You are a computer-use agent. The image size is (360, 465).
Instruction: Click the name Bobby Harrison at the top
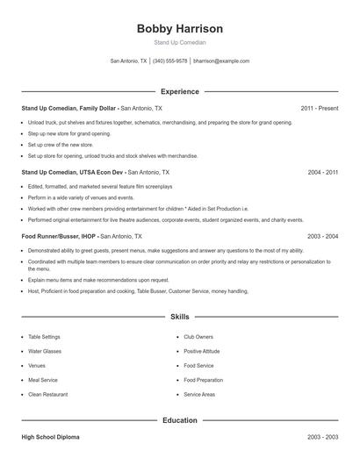click(x=179, y=29)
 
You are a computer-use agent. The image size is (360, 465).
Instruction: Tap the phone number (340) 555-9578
click(x=169, y=61)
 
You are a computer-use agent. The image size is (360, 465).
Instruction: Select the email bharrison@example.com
click(x=221, y=61)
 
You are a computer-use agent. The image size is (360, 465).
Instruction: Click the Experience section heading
click(x=179, y=91)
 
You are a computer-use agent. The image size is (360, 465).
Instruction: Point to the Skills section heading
click(x=179, y=316)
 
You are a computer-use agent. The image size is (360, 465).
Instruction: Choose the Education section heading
click(x=179, y=420)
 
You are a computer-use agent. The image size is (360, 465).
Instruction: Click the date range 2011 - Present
click(x=319, y=108)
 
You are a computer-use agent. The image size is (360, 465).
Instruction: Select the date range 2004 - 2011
click(x=322, y=173)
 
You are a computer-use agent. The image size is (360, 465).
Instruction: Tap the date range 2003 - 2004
click(x=322, y=237)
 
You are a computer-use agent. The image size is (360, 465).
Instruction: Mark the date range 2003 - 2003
click(x=322, y=436)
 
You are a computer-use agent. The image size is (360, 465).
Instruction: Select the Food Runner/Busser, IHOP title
click(x=60, y=237)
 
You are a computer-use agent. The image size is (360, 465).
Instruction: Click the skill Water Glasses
click(x=45, y=351)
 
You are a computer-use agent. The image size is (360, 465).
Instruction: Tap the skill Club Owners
click(x=198, y=337)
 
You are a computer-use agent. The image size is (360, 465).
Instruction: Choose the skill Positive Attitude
click(x=202, y=351)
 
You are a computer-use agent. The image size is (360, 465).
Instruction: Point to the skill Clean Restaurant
click(x=47, y=394)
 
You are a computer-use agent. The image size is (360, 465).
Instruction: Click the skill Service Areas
click(x=199, y=394)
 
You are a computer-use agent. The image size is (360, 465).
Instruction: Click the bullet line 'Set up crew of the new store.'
click(x=60, y=144)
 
